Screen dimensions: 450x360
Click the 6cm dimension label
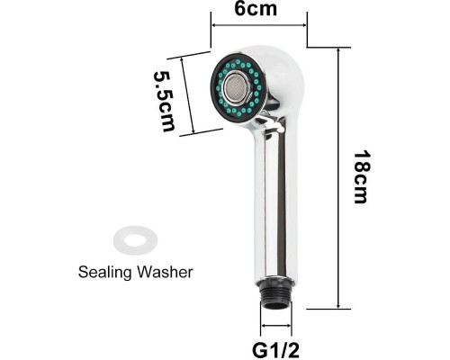[x=256, y=9]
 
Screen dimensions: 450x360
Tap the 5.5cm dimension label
[x=164, y=101]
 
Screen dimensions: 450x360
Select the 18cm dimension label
[x=363, y=177]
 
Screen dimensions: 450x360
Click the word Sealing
[x=104, y=273]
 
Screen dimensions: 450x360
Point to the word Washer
[x=165, y=272]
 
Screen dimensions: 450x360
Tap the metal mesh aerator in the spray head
[x=237, y=87]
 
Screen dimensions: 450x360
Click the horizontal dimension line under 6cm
[x=259, y=25]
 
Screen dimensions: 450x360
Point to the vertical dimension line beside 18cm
[x=338, y=178]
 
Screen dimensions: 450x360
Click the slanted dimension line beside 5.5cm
[x=187, y=95]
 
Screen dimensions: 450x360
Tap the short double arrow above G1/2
[x=276, y=326]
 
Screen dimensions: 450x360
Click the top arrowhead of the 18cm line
[x=338, y=50]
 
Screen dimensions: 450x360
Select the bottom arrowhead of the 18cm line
[x=338, y=305]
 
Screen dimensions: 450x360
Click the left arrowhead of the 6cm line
[x=214, y=25]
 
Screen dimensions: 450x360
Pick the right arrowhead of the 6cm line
[x=304, y=25]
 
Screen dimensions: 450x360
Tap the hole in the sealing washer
[x=135, y=240]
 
